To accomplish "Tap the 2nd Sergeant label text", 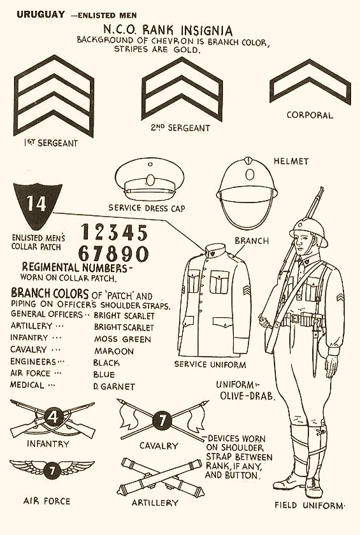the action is click(180, 128).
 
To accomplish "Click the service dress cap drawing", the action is click(150, 179).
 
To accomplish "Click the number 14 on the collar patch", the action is click(36, 204).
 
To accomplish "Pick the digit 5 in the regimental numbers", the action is click(141, 233).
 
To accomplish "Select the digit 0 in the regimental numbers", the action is click(141, 254).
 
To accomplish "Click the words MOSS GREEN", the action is click(122, 339).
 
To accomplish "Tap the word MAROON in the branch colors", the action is click(114, 352).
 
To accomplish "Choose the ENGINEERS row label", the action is click(33, 362).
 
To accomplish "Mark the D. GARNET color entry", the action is click(114, 387).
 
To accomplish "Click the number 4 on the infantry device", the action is click(54, 417).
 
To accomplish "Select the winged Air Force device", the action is click(52, 468).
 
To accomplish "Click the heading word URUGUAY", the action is click(41, 15).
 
